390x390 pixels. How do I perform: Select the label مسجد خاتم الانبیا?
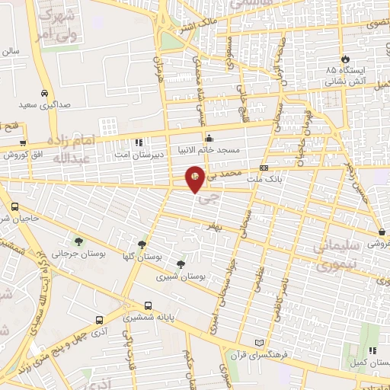[x=209, y=149]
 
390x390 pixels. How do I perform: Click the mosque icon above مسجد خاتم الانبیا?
[x=209, y=137]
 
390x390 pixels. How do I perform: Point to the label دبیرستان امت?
[x=139, y=154]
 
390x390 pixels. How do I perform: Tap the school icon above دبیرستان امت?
[x=139, y=142]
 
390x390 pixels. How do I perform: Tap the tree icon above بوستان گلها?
[x=142, y=245]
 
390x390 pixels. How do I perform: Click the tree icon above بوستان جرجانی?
[x=77, y=240]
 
